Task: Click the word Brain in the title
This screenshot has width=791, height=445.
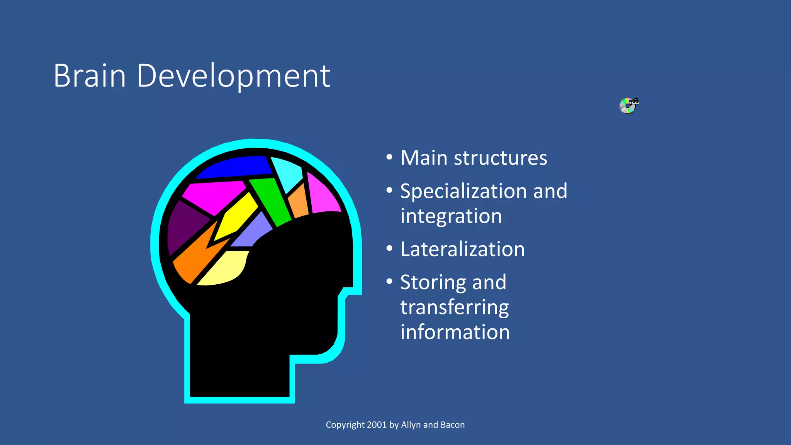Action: click(x=90, y=76)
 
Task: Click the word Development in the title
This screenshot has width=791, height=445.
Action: click(x=233, y=76)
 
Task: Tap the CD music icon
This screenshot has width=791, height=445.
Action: click(x=629, y=105)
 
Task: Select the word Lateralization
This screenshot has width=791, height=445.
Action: click(x=462, y=249)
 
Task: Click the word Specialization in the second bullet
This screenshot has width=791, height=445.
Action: click(x=463, y=192)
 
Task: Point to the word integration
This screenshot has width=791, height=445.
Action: click(x=451, y=216)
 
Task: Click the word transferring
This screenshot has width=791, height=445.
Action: click(x=454, y=307)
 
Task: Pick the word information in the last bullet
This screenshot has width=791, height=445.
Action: click(x=455, y=332)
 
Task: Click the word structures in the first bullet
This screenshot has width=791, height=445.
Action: click(x=500, y=158)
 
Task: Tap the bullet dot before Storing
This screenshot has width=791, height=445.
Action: click(x=389, y=282)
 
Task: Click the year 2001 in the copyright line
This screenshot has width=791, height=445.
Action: click(x=377, y=425)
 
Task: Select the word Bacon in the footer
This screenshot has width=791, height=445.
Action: click(x=452, y=425)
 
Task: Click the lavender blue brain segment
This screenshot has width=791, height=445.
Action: click(x=253, y=232)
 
